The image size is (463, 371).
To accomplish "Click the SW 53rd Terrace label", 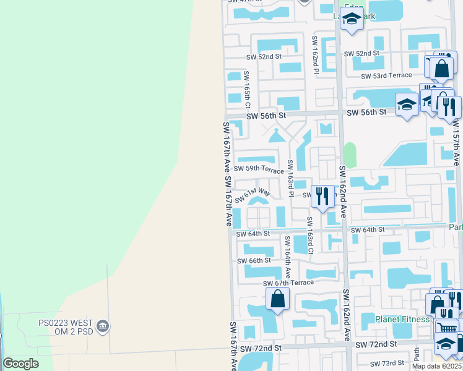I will pos(386,75).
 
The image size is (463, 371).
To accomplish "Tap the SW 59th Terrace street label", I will pos(259,168).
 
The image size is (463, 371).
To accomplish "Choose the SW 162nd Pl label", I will pos(315,55).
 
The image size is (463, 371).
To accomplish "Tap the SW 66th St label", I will pos(254,261).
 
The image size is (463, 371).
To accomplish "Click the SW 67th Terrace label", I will pos(288,283).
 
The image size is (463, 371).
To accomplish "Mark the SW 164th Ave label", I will pos(287,256).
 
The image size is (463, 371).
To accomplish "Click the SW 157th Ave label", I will pos(456,142).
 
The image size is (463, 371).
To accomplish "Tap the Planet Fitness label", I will pos(402,319).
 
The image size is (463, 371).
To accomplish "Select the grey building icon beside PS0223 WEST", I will pos(103,325).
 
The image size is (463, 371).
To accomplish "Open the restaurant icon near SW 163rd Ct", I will pos(321,196).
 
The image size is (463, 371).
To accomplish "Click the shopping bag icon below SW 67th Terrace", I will pos(278,300).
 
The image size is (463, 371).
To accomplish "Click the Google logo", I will pos(20,364).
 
